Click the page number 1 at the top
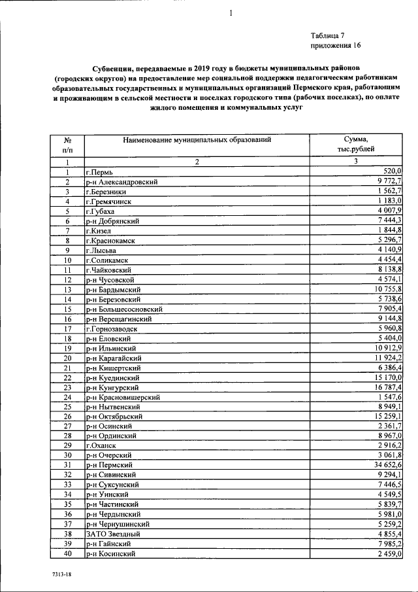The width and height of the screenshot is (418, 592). (231, 14)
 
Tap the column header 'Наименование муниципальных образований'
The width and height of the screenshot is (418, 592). (196, 139)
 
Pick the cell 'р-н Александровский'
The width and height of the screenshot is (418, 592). (123, 182)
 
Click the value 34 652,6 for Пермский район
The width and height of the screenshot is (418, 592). (383, 464)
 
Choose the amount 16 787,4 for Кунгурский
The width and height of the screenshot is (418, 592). (383, 387)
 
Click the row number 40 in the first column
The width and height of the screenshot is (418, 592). (67, 554)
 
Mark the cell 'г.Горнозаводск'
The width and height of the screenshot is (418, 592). (112, 329)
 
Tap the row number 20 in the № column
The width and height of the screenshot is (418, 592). (67, 358)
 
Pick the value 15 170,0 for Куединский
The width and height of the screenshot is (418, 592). (383, 377)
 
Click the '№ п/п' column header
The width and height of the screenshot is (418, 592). (67, 145)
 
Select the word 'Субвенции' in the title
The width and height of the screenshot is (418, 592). (116, 67)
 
